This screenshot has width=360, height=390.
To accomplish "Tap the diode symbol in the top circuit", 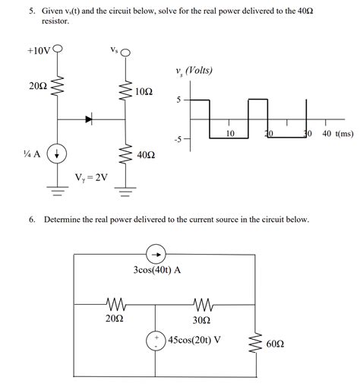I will (90, 119).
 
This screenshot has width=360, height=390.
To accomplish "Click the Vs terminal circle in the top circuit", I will (125, 53).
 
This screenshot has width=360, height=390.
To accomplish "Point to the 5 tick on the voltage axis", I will (178, 100).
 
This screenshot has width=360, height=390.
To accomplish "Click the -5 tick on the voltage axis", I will (177, 139).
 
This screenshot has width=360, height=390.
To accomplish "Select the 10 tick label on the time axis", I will (231, 134).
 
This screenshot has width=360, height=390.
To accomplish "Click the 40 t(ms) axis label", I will (337, 134).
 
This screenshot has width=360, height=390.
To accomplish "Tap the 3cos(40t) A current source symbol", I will (155, 255).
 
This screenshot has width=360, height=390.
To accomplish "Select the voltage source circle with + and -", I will (156, 340).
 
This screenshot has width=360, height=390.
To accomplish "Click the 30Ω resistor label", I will (202, 319).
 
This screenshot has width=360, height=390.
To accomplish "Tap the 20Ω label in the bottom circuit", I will (113, 319).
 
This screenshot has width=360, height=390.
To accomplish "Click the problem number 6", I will (32, 220).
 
